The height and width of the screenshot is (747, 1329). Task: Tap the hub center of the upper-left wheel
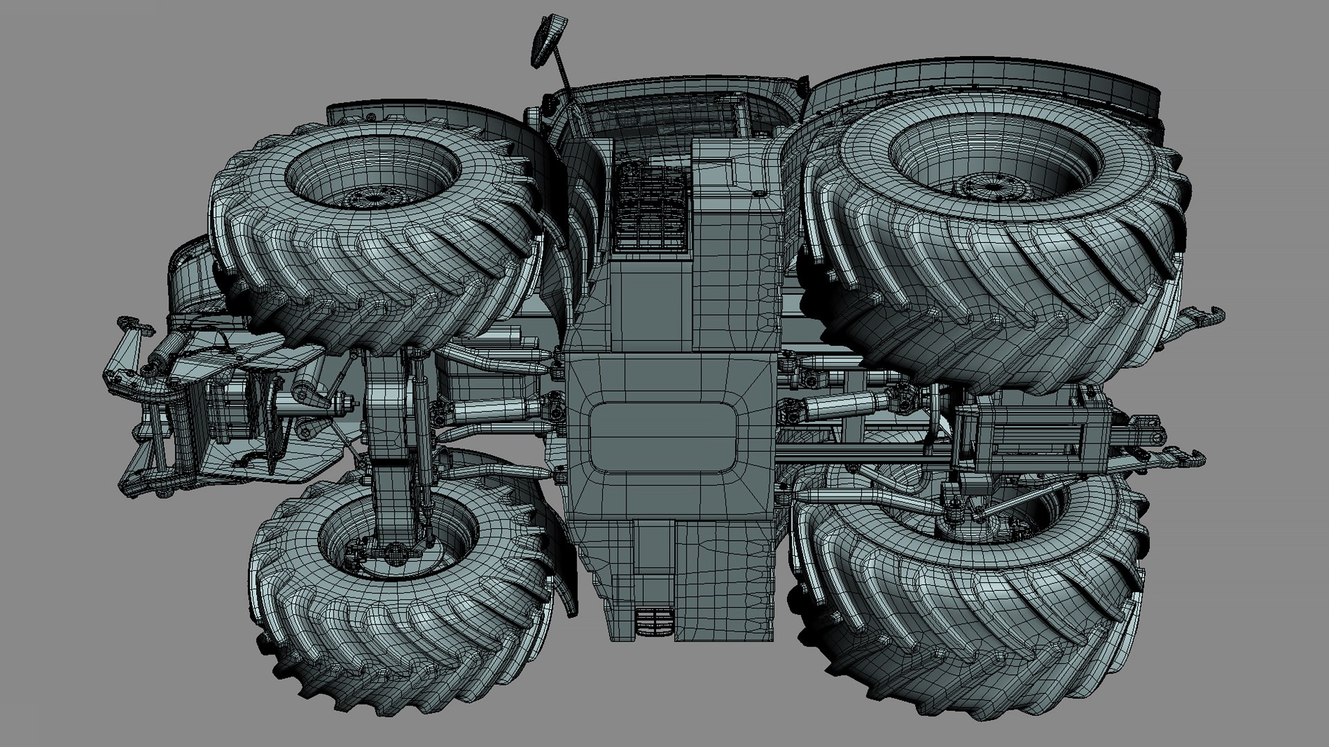[374, 199]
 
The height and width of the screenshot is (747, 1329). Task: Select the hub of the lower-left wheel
[395, 551]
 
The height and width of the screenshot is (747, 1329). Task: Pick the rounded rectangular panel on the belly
[664, 437]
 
